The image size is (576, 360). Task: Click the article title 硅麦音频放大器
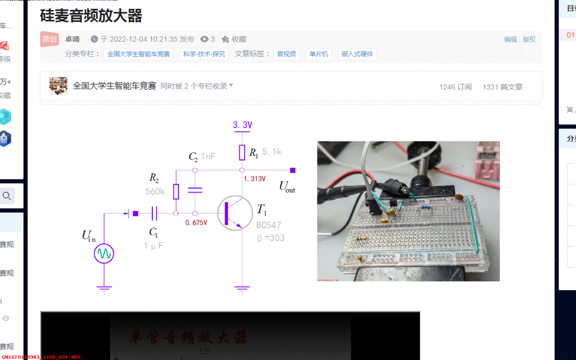91,16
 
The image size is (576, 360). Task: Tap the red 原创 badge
49,39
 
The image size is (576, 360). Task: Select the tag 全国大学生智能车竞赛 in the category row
138,54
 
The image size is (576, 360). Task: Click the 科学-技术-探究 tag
204,54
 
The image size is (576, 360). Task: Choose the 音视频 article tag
286,54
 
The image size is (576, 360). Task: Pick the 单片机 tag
319,54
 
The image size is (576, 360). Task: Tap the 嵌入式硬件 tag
357,54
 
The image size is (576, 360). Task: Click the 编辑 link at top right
510,39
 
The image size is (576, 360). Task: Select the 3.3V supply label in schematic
243,125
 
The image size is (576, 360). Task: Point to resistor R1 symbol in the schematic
242,153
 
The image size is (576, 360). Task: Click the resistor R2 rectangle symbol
176,191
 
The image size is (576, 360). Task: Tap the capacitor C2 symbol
194,190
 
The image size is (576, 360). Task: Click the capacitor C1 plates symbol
154,213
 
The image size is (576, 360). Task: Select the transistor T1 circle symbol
235,213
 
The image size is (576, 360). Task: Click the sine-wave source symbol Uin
104,254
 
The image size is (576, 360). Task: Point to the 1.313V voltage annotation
255,179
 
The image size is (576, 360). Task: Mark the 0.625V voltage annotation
196,223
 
